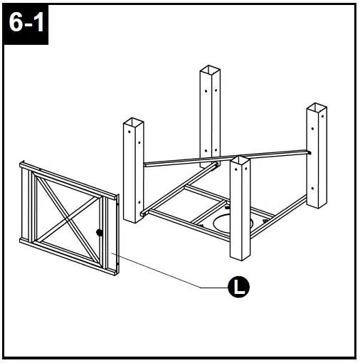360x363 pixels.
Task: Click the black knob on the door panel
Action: [x=99, y=232]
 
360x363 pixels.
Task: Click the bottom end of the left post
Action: [x=133, y=221]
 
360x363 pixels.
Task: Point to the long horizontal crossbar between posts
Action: [x=228, y=157]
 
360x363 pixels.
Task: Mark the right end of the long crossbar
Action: [x=307, y=151]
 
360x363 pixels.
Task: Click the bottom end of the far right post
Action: [x=316, y=205]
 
